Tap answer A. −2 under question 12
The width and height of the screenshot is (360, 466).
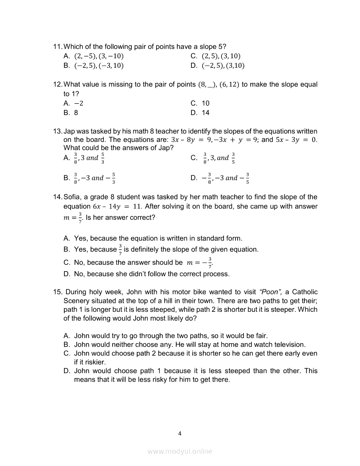73,103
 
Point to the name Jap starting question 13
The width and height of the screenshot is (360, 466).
69,131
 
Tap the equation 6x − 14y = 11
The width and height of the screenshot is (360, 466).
116,206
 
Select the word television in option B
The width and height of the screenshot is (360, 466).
288,344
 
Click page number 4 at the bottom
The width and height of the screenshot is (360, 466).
180,433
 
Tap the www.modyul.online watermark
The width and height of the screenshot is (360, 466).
180,452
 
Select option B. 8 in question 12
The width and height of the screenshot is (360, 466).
71,113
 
